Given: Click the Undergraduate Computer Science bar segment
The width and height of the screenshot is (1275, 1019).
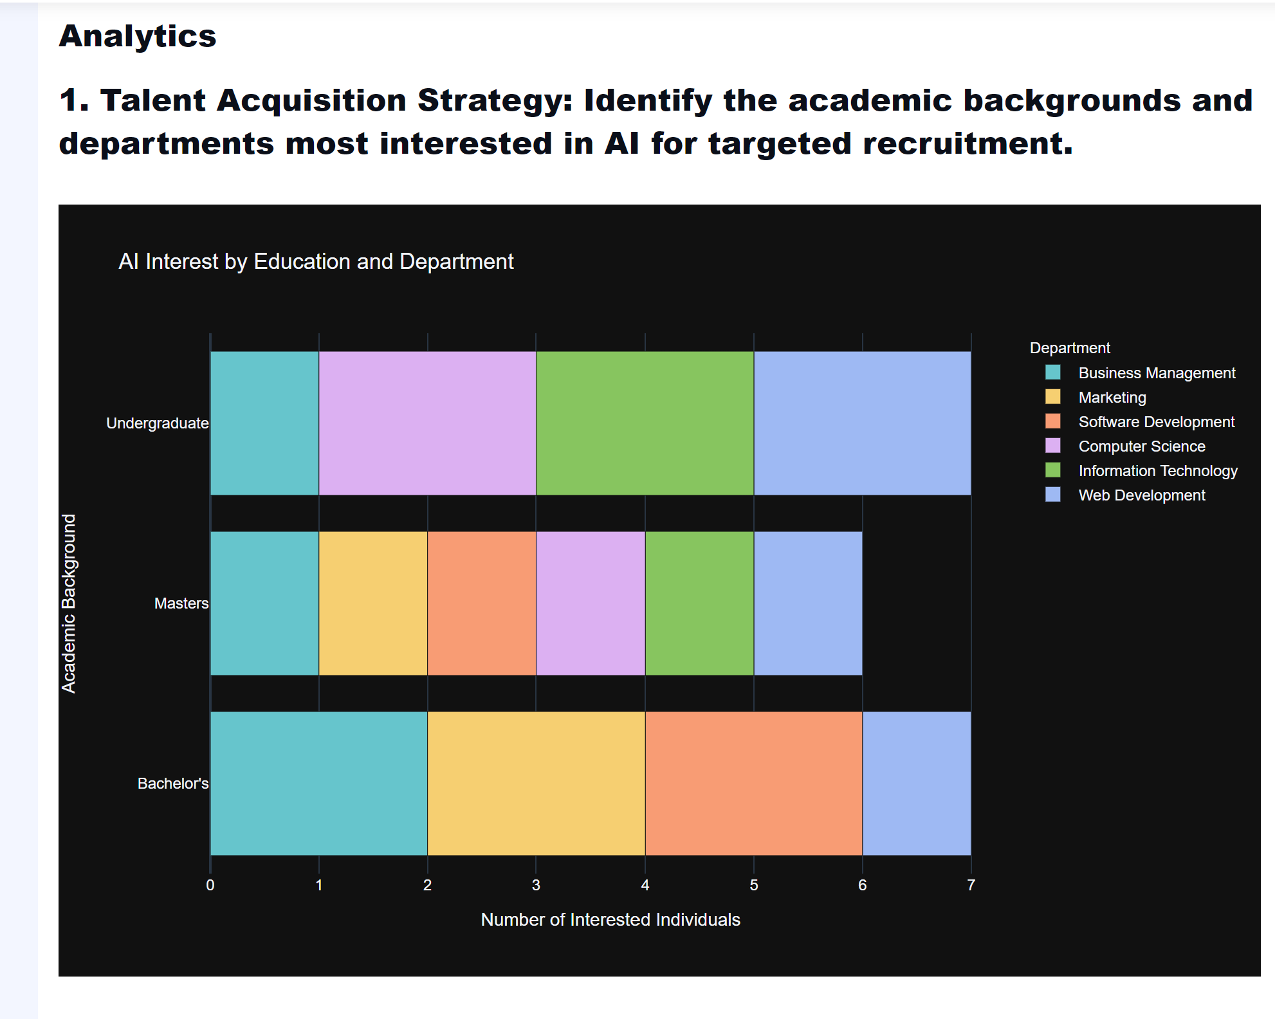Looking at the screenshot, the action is [427, 423].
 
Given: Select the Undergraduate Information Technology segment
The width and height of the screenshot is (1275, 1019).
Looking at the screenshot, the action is [645, 423].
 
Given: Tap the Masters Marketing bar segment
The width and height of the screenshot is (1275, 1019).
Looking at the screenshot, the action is [373, 603].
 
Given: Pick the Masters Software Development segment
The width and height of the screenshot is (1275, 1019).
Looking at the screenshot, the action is [482, 603].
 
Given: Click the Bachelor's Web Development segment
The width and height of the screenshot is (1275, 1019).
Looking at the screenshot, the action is [917, 784].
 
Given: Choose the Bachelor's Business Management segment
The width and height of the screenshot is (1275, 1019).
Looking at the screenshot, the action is [319, 784].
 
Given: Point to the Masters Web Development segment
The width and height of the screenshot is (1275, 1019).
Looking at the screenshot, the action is [808, 603].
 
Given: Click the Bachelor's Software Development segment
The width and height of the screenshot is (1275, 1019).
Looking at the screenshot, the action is [754, 784].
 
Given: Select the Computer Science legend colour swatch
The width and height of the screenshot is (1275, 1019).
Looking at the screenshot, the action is [1053, 446].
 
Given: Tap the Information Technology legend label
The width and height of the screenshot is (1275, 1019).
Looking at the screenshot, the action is [1158, 471].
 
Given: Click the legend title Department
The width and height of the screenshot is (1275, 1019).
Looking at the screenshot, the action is [1070, 348].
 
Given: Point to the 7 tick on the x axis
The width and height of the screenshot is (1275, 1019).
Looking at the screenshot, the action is [971, 885].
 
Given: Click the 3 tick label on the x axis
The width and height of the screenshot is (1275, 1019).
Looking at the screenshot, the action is [536, 885].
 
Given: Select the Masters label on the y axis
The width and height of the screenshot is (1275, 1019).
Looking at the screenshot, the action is [181, 603].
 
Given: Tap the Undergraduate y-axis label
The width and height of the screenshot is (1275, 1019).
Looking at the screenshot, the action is [158, 423].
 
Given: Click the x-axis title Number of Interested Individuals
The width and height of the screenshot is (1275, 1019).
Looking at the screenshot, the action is [610, 920].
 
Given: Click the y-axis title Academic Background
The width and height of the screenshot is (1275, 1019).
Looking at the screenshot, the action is [69, 603].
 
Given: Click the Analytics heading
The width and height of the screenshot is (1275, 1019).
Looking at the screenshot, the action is [138, 36].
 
